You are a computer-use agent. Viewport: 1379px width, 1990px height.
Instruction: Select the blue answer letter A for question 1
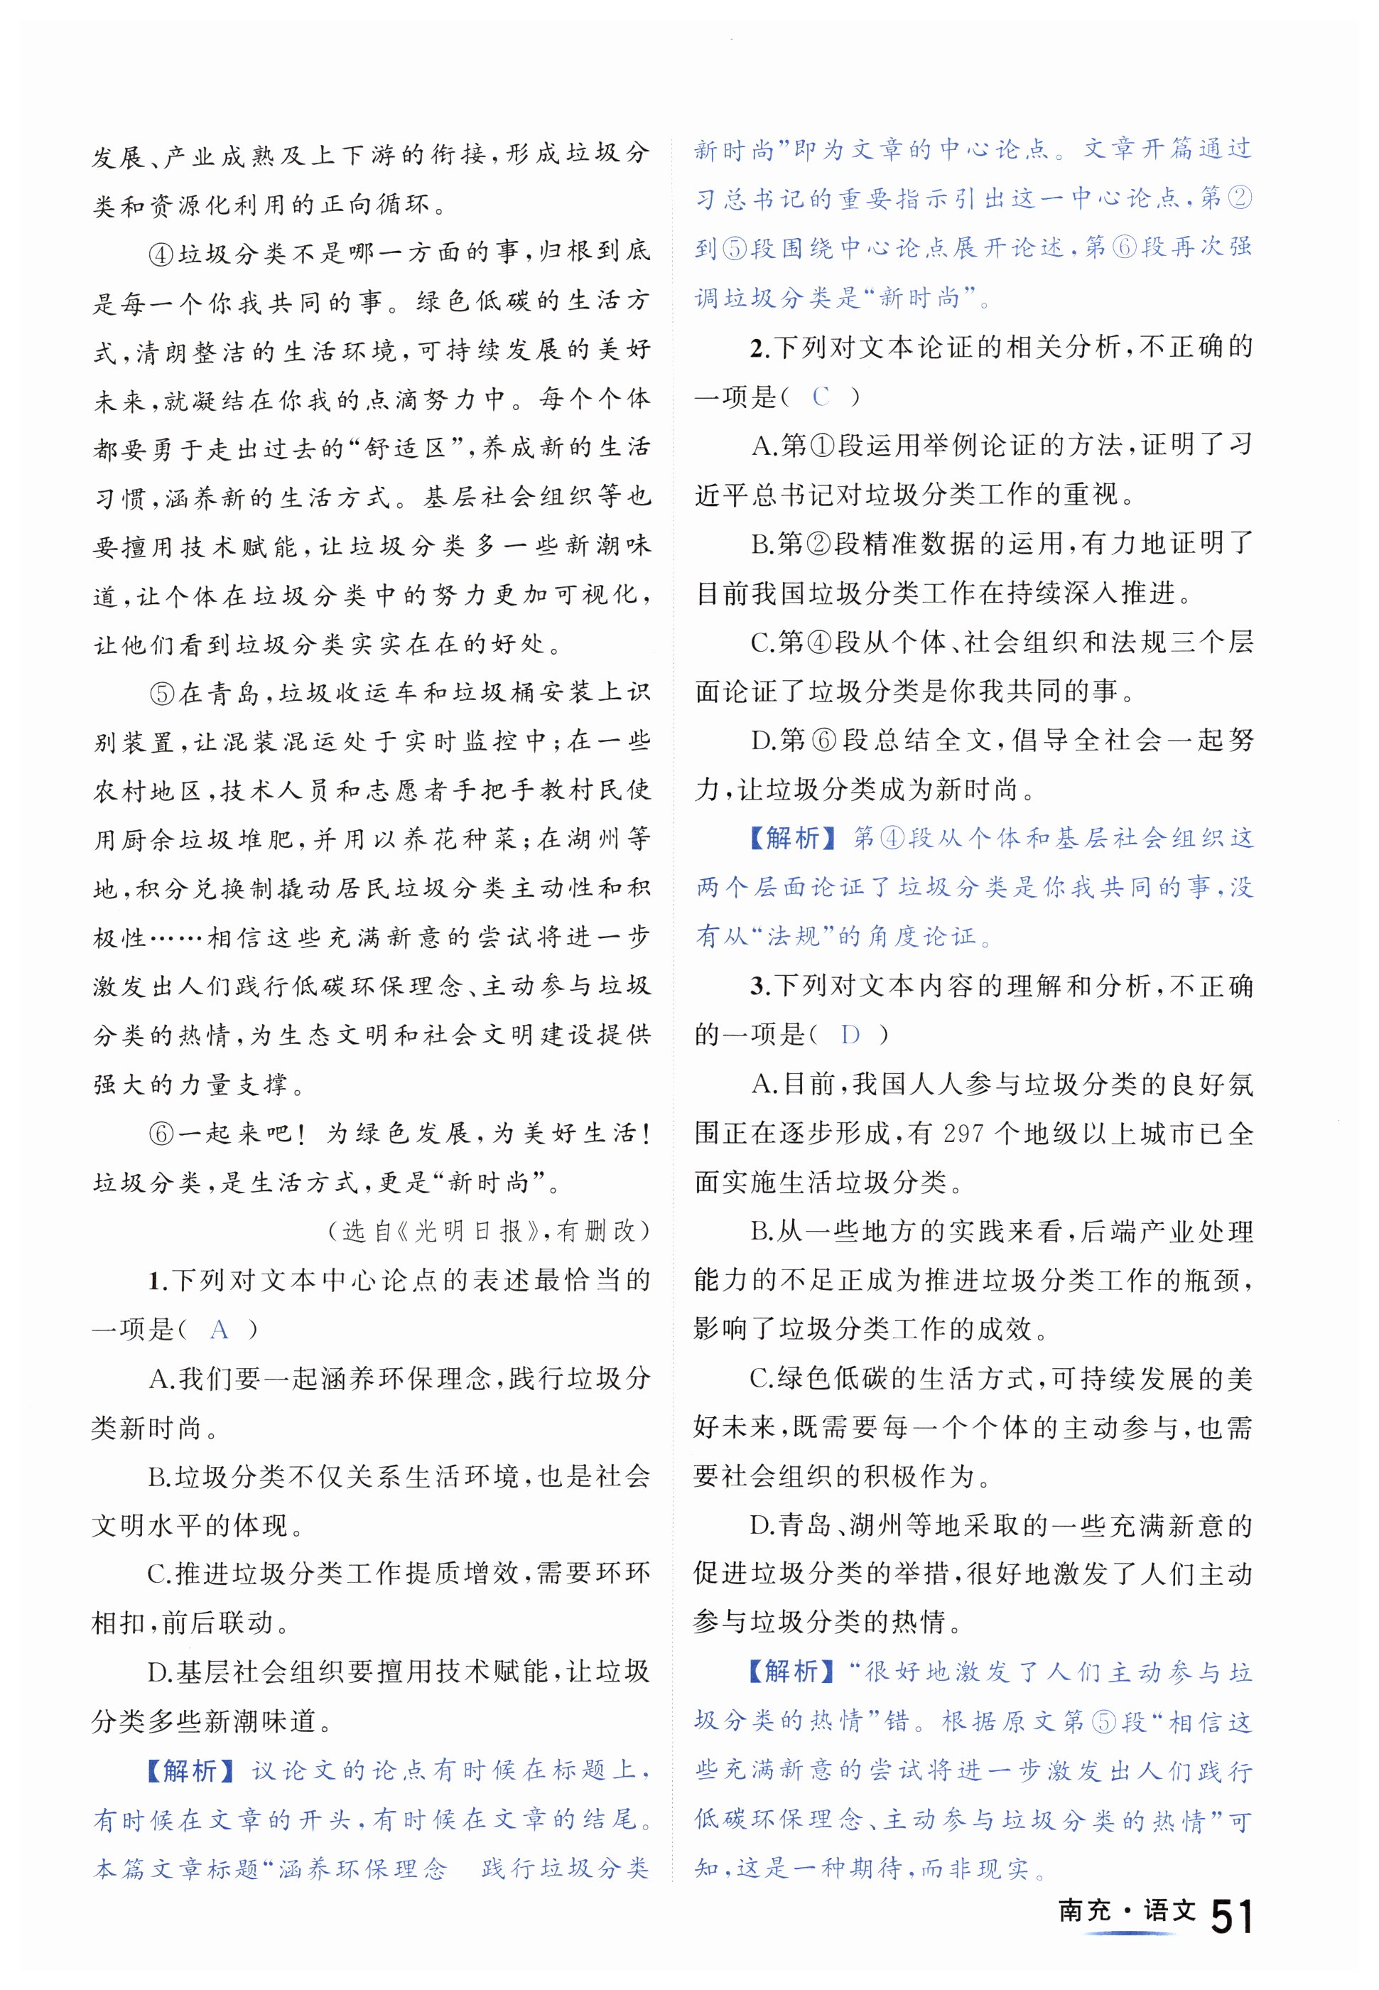(220, 1330)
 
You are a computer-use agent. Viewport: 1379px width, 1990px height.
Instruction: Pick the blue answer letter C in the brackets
(820, 397)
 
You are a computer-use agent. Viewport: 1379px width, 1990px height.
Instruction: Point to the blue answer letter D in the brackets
(850, 1034)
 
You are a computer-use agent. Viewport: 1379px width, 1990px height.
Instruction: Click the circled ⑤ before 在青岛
(163, 693)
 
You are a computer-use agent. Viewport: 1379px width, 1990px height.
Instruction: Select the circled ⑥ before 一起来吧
(163, 1134)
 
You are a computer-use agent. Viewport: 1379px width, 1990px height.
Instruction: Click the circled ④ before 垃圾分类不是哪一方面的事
(163, 252)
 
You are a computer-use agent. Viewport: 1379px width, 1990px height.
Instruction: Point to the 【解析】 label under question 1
(190, 1770)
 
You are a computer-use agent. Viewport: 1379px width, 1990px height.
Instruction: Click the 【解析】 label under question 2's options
(792, 838)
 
